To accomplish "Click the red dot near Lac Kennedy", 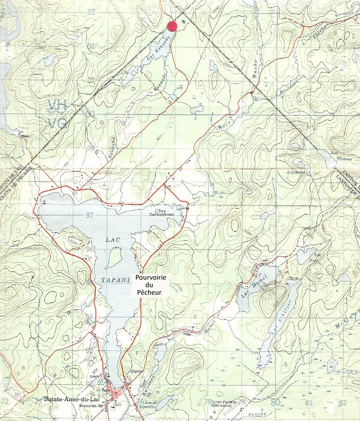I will pos(172,26).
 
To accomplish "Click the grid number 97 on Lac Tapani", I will pos(91,215).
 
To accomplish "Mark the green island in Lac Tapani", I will pos(114,257).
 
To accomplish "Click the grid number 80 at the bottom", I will pos(275,402).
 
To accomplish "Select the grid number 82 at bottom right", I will pos(342,402).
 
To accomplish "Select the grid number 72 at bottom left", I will pos(5,401).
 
